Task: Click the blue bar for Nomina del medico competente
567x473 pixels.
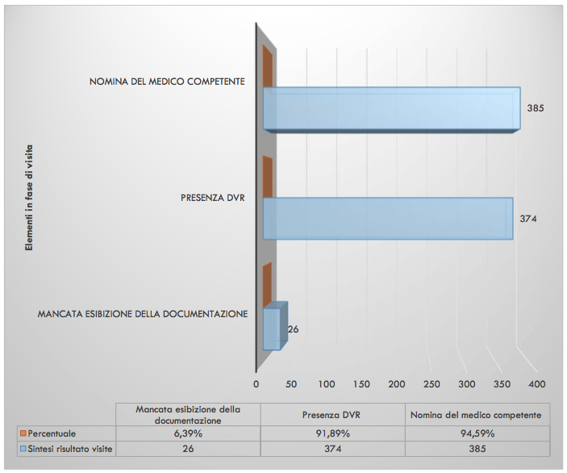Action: (x=391, y=109)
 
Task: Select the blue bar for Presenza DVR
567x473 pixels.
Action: (x=387, y=218)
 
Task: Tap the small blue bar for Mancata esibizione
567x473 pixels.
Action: (x=272, y=329)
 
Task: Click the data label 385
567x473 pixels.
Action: (x=534, y=107)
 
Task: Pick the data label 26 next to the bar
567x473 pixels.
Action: (x=294, y=329)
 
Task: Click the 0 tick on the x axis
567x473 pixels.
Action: (x=256, y=383)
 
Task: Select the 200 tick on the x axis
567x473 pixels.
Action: (x=397, y=383)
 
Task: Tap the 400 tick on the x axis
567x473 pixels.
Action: (x=537, y=383)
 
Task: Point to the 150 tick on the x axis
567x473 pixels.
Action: (x=362, y=383)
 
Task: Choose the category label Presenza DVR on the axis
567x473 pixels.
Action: (x=213, y=197)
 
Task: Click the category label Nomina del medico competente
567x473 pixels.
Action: (x=168, y=82)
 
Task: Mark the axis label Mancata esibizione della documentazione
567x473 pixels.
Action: (x=143, y=313)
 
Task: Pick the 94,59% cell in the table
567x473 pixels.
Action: (x=476, y=433)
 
